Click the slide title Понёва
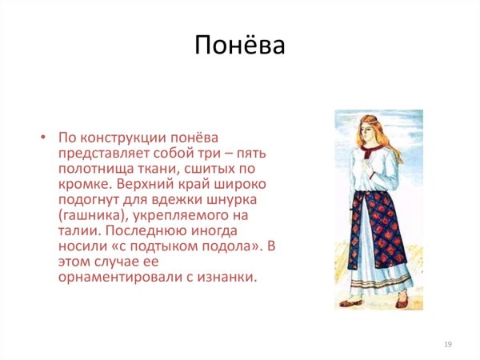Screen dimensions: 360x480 (239, 47)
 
